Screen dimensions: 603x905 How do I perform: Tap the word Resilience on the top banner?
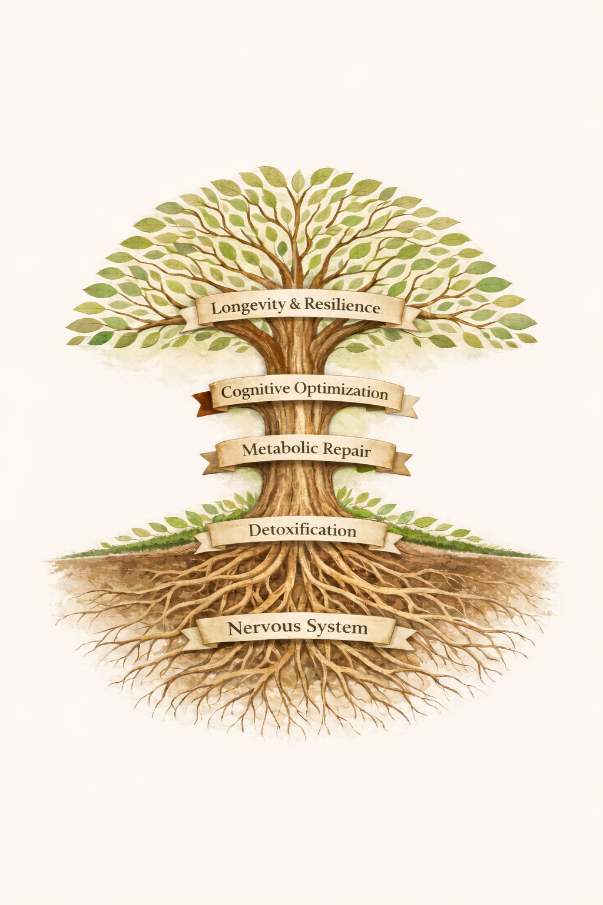pos(342,306)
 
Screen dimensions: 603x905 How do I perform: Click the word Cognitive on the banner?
pos(255,391)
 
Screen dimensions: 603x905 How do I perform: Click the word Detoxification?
pos(302,531)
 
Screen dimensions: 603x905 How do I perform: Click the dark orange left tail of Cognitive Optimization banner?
pos(202,403)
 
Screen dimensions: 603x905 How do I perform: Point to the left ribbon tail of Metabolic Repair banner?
pos(210,463)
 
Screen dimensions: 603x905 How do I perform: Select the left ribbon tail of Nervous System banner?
pos(190,639)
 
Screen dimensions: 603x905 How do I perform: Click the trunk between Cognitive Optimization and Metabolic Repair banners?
pos(301,423)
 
